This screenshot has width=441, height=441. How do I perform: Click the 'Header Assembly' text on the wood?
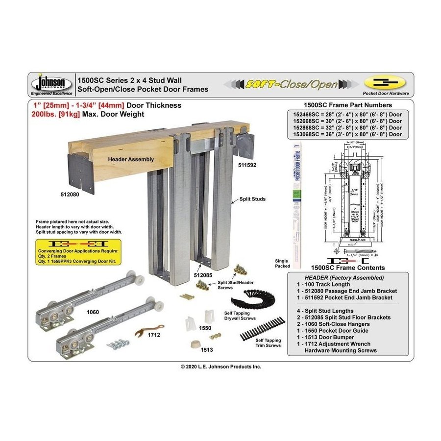coord(124,159)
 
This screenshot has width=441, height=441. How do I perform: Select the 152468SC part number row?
coord(347,114)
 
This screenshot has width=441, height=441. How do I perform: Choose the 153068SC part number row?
coord(347,134)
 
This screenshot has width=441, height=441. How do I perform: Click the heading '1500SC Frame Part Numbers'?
coord(347,105)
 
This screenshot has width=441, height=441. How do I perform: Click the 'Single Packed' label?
coord(282,263)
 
